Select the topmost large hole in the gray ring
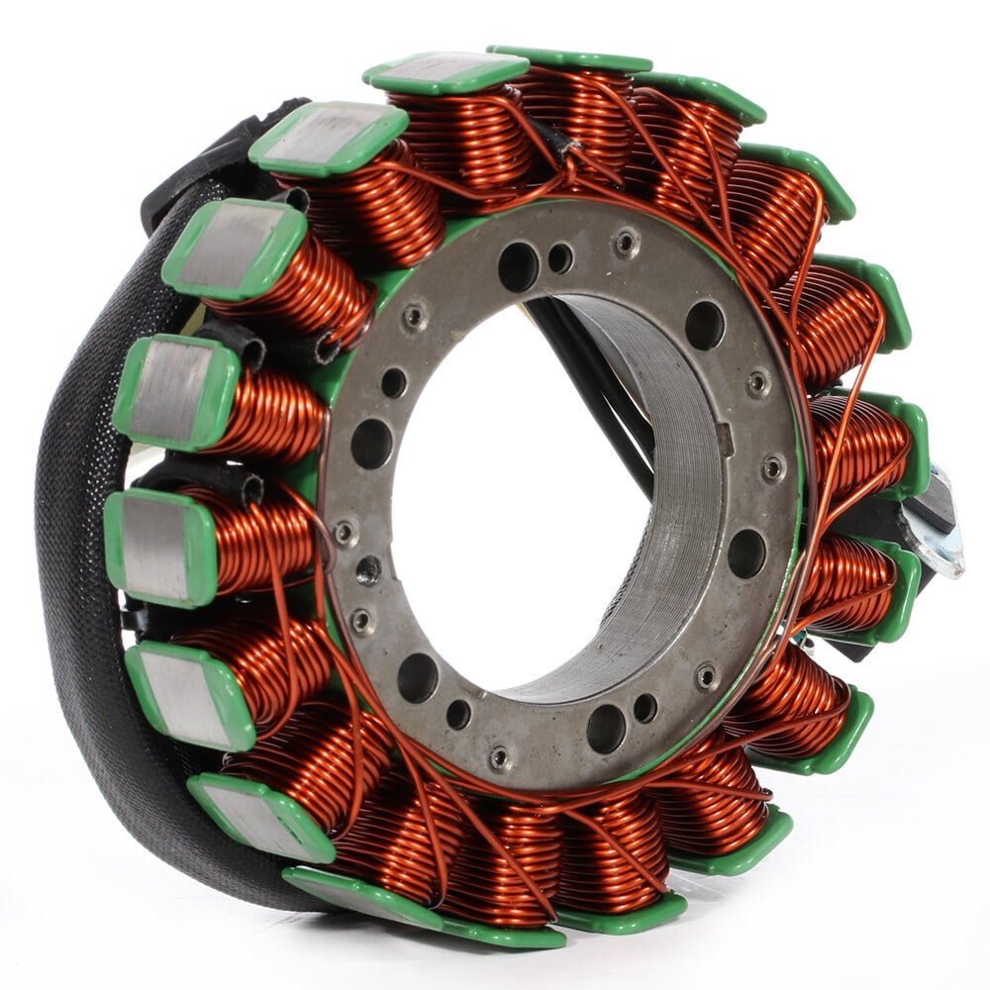[x=518, y=264]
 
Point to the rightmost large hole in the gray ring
[x=745, y=552]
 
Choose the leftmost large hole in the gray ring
[x=371, y=443]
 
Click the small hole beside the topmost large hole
[x=560, y=258]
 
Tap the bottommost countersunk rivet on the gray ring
[x=500, y=758]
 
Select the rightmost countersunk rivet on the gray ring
[x=772, y=468]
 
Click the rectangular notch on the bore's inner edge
[x=726, y=440]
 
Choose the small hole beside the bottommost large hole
[x=645, y=707]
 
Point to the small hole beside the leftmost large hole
[x=393, y=383]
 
